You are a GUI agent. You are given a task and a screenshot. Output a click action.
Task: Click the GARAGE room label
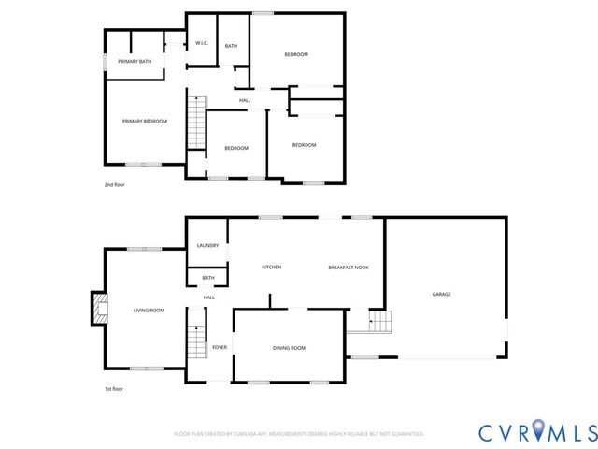point(441,294)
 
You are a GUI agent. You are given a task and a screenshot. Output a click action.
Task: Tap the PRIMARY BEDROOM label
point(145,121)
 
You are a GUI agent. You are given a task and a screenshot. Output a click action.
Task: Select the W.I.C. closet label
point(201,43)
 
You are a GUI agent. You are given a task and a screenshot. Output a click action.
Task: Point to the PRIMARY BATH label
point(135,61)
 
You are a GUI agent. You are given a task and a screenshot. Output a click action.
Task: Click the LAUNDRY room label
point(207,245)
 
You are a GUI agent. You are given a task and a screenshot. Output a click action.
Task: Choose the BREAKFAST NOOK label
point(348,268)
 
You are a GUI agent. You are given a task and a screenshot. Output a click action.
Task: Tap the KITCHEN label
point(271,268)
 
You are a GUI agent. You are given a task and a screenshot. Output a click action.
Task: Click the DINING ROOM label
point(289,348)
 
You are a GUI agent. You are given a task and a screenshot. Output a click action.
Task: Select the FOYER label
point(220,347)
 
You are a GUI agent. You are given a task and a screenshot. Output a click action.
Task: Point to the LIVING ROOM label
point(149,310)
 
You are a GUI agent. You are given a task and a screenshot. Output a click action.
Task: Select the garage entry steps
point(378,324)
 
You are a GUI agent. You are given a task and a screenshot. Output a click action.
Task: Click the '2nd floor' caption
point(114,185)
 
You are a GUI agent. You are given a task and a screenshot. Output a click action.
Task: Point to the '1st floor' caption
point(113,388)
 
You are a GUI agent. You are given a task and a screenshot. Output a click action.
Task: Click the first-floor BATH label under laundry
point(208,277)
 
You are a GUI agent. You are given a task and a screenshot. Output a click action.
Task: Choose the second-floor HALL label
point(245,100)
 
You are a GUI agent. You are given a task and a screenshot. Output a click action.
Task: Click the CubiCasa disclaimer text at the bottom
point(299,434)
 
